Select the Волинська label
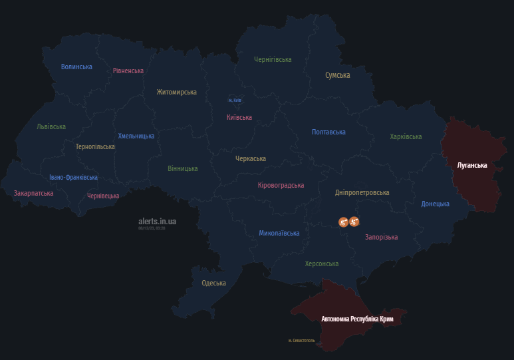[76, 67]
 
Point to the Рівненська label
[128, 71]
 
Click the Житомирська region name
[177, 92]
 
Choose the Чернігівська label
[273, 59]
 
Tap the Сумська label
[337, 75]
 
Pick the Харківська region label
[406, 136]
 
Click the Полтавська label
[328, 132]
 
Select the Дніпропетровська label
[362, 192]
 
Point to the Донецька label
[435, 204]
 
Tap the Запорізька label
[381, 237]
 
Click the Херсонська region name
[322, 264]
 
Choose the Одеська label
[213, 283]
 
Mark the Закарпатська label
[33, 193]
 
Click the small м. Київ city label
[235, 100]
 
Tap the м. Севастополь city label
[301, 340]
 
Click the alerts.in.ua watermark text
[157, 220]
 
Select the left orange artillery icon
[343, 221]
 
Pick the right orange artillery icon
[354, 221]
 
